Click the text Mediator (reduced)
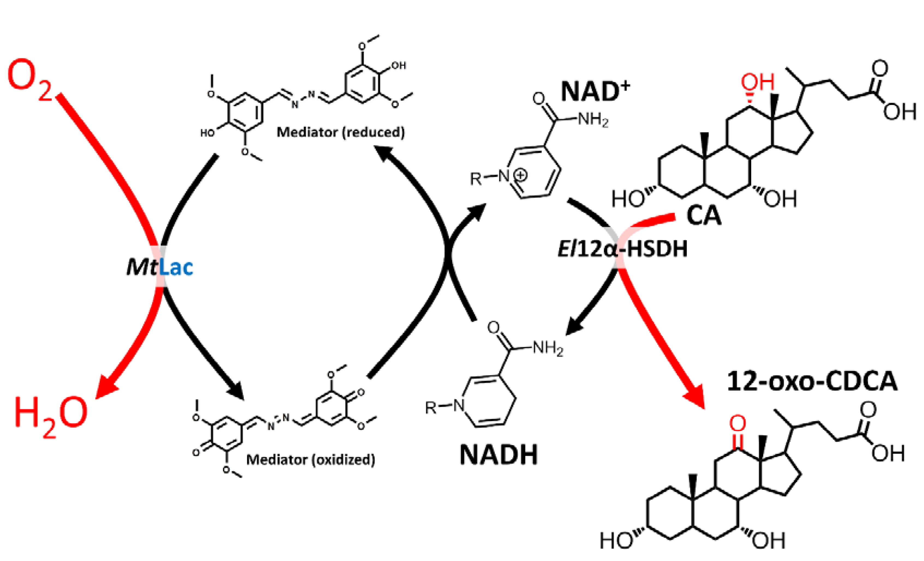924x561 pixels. pyautogui.click(x=340, y=132)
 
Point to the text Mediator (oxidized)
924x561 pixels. pyautogui.click(x=310, y=460)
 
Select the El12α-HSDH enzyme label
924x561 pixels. pyautogui.click(x=622, y=249)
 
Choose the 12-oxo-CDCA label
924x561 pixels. pyautogui.click(x=812, y=382)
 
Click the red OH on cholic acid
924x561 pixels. pyautogui.click(x=757, y=82)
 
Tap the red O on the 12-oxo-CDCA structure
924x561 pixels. pyautogui.click(x=738, y=424)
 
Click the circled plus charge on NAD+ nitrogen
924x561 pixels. pyautogui.click(x=521, y=175)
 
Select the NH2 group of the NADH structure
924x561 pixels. pyautogui.click(x=548, y=349)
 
